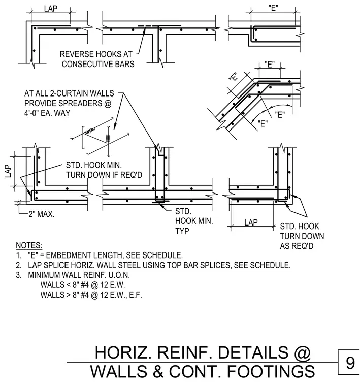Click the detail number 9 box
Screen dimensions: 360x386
coord(349,362)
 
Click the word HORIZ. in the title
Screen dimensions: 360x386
coord(123,352)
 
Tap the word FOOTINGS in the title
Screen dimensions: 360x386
coord(271,371)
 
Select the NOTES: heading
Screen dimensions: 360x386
coord(29,245)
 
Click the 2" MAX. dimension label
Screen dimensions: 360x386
coord(41,214)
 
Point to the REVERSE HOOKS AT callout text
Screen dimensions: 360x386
coord(96,54)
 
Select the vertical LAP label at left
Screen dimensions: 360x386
coord(8,171)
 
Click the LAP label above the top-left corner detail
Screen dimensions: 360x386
coord(51,9)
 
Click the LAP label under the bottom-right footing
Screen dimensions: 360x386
coord(251,222)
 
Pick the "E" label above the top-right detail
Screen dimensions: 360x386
coord(273,8)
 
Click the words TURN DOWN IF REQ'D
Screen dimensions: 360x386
coord(104,175)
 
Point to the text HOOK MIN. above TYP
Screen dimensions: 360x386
coord(194,221)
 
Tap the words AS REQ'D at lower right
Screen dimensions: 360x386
coord(297,246)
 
